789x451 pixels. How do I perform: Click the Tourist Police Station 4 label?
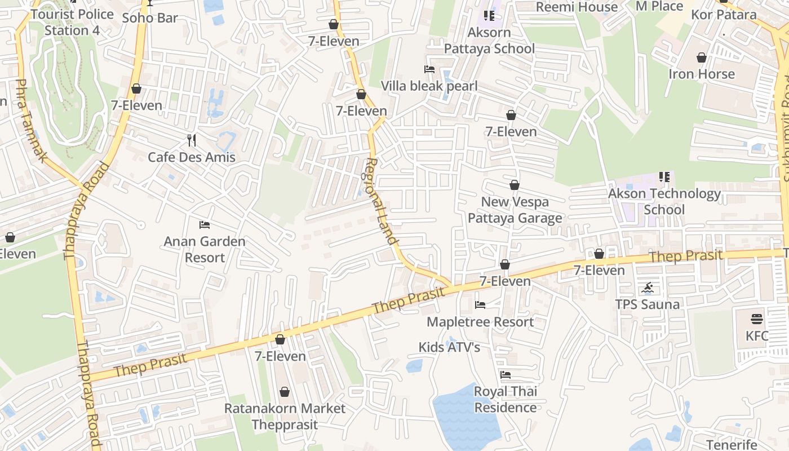72,22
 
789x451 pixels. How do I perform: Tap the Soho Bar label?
150,17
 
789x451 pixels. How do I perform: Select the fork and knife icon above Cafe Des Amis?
192,140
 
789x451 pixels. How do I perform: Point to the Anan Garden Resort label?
205,249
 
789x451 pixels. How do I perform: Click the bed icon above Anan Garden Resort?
205,225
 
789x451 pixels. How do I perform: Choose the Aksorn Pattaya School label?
489,41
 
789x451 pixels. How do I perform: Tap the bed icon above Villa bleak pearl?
429,69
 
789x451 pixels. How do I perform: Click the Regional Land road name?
382,200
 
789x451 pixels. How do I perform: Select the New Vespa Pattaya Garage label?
515,210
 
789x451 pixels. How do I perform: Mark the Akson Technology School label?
664,201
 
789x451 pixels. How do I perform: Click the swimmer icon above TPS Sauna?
648,289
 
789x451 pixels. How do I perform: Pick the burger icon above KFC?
757,319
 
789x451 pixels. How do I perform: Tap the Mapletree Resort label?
480,322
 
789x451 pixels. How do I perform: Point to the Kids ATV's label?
449,347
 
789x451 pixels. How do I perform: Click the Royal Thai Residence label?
506,399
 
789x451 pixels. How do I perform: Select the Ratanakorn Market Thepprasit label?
285,416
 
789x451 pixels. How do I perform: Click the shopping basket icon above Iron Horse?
702,58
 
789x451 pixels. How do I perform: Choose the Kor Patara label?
724,15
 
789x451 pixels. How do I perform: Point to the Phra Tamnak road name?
31,121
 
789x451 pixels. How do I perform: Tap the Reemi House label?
577,7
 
